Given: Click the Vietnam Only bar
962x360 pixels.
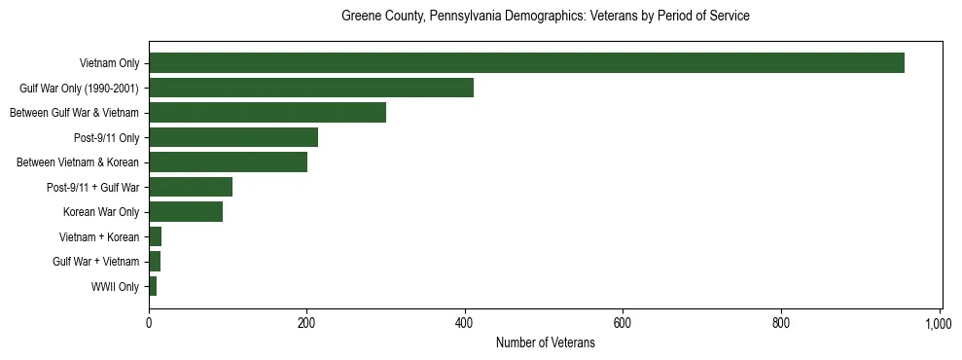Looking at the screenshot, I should pyautogui.click(x=526, y=63).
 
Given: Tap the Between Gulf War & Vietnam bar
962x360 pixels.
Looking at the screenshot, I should pyautogui.click(x=267, y=113).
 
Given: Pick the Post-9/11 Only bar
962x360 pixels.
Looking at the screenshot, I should pyautogui.click(x=233, y=137).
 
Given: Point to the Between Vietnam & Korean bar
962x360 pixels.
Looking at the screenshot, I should pyautogui.click(x=228, y=162).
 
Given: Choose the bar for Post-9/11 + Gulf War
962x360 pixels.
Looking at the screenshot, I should pyautogui.click(x=191, y=187).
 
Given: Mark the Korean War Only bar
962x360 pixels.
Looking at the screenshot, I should pyautogui.click(x=186, y=212).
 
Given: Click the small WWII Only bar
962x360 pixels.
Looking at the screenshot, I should pyautogui.click(x=153, y=286).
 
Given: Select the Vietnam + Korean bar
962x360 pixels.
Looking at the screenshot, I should pyautogui.click(x=155, y=236).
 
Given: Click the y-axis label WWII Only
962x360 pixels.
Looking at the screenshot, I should pyautogui.click(x=115, y=286).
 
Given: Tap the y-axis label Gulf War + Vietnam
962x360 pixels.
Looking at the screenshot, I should pyautogui.click(x=95, y=262).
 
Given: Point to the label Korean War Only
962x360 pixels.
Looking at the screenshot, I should pyautogui.click(x=101, y=212).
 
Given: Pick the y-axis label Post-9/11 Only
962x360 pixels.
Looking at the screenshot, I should pyautogui.click(x=106, y=137).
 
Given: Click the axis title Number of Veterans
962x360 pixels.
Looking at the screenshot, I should pyautogui.click(x=545, y=342).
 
